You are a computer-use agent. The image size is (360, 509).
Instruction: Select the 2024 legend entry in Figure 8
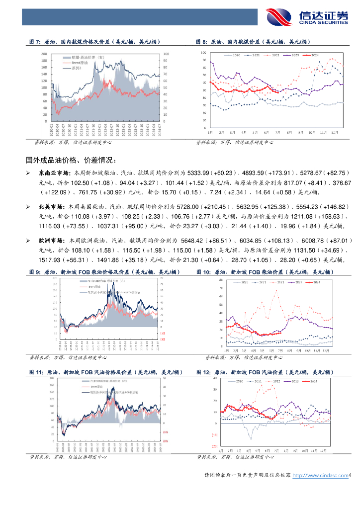tap(312, 56)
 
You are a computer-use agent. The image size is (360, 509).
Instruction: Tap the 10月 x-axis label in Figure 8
tap(312, 133)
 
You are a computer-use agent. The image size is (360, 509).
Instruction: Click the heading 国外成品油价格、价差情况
tap(72, 160)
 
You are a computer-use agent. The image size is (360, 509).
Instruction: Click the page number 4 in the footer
tap(350, 476)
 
